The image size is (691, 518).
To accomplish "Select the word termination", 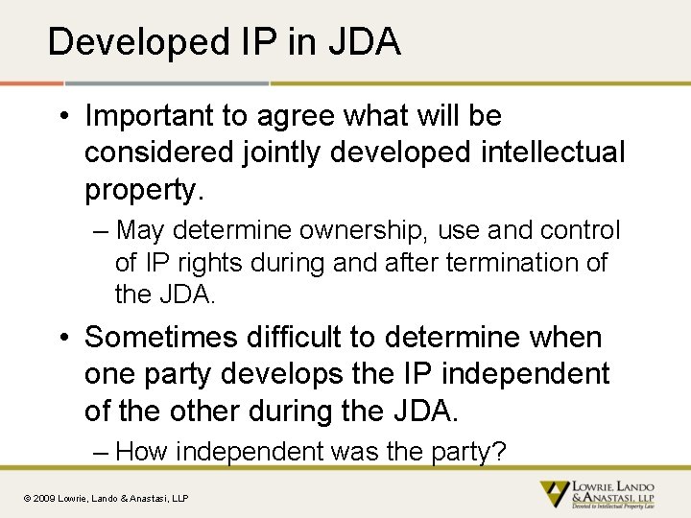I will point(507,263).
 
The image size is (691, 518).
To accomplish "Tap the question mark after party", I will point(498,452).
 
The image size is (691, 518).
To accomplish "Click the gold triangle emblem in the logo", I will point(554,494).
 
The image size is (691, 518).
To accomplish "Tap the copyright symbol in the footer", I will point(28,498).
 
